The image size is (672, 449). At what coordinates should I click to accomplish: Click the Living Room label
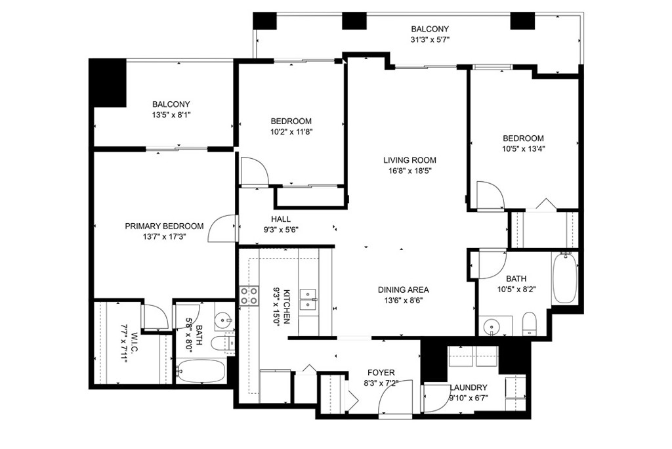409,160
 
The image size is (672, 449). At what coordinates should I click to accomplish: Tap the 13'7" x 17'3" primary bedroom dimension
164,236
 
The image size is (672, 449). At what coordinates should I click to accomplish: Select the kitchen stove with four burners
249,296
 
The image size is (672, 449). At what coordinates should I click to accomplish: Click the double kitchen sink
308,299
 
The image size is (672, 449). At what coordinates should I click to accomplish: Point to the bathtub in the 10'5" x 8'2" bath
566,278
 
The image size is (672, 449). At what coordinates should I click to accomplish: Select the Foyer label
381,373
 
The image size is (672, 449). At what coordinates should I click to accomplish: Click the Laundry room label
469,387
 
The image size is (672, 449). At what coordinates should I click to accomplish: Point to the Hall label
281,219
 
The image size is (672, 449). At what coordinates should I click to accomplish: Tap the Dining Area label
404,289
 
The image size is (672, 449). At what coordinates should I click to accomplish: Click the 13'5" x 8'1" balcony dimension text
171,115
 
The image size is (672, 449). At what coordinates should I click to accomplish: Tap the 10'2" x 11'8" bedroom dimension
291,132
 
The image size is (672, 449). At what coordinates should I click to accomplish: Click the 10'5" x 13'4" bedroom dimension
523,149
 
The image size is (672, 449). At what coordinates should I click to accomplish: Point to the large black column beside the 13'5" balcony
108,83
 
